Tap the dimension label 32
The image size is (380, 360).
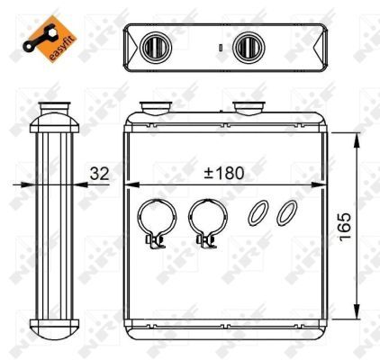click(x=99, y=174)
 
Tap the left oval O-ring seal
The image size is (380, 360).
click(x=258, y=212)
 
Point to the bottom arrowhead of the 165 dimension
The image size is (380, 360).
click(x=360, y=320)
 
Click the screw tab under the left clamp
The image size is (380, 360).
click(x=154, y=240)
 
